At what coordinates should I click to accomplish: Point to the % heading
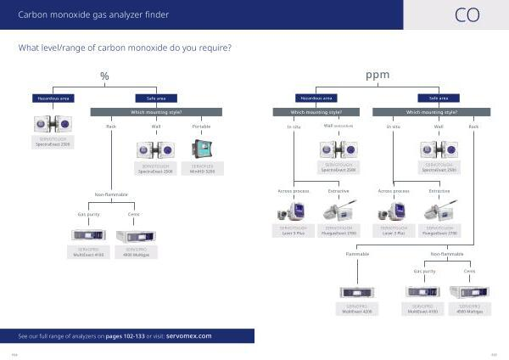[x=104, y=76]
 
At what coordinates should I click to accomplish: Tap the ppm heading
[x=378, y=76]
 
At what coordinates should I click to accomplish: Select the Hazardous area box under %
[x=53, y=98]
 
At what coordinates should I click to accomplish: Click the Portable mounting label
[x=201, y=127]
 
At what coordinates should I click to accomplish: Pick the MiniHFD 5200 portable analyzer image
[x=202, y=150]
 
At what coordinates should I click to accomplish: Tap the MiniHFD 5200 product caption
[x=202, y=170]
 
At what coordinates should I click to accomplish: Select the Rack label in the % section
[x=110, y=127]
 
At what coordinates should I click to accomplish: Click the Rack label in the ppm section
[x=473, y=127]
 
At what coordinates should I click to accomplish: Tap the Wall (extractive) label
[x=337, y=126]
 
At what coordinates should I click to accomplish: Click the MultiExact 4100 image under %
[x=88, y=233]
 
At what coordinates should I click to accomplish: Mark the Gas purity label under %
[x=88, y=215]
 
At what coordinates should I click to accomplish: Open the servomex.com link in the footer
[x=188, y=336]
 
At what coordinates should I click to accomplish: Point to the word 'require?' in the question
[x=212, y=47]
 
